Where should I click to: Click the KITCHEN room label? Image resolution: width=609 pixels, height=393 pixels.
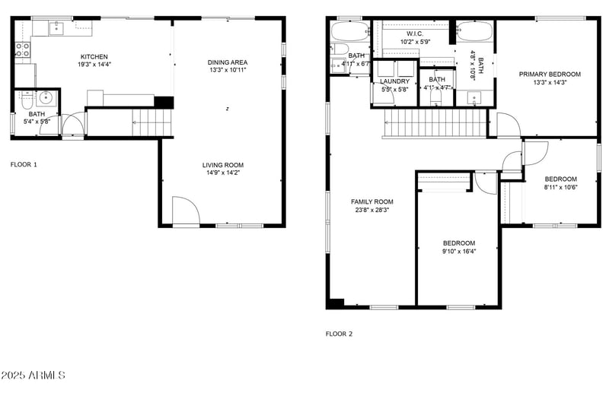pos(94,56)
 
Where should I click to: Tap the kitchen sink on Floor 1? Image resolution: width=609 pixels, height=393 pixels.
pos(56,29)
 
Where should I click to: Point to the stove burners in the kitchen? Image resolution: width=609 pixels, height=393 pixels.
pos(23,49)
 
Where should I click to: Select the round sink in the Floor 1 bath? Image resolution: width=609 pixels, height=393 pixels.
pos(44,98)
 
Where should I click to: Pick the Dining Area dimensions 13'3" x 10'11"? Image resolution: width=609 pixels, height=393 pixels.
pos(228,71)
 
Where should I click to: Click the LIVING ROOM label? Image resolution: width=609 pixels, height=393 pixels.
pos(222,165)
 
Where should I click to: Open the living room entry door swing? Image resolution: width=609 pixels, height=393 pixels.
pos(184,211)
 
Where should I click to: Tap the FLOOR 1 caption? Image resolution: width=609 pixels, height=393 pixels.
pos(24,164)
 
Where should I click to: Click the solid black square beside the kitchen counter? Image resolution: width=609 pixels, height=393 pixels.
pos(164,102)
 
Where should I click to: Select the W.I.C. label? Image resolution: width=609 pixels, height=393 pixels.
pos(415,34)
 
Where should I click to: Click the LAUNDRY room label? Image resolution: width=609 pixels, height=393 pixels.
pos(395,81)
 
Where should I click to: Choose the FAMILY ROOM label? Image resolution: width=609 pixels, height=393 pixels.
pos(371,201)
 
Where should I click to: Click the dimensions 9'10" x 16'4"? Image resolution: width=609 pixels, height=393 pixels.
pos(459,252)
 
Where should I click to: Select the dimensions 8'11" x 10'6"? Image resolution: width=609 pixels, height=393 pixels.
pos(560,187)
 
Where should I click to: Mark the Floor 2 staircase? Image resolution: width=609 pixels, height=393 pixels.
pos(433,123)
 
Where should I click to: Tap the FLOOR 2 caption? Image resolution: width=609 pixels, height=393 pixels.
pos(340,334)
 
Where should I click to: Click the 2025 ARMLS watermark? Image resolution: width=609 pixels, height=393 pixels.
pos(33,376)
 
